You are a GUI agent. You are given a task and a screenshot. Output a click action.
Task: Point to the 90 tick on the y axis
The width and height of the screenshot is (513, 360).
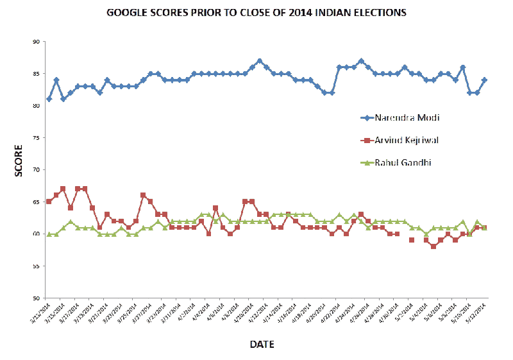[x=37, y=42]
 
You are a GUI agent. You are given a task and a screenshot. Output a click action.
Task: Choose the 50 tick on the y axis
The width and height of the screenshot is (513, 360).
[x=37, y=298]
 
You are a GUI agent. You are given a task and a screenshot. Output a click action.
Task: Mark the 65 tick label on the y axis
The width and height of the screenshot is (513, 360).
[x=37, y=202]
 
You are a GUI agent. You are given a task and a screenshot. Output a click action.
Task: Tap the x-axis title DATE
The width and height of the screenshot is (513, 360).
[x=262, y=345]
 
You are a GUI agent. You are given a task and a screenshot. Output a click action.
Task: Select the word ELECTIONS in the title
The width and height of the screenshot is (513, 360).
[x=381, y=13]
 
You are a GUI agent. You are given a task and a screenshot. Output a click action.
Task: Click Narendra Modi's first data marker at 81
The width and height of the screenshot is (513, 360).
[x=49, y=99]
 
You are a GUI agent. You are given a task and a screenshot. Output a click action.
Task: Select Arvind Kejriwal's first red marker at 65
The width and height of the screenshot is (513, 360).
[x=49, y=201]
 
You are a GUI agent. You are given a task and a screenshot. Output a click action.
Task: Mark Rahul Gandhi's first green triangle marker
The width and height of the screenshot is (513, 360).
[x=49, y=234]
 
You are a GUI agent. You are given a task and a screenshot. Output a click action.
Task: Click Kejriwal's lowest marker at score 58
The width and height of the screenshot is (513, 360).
[x=433, y=246]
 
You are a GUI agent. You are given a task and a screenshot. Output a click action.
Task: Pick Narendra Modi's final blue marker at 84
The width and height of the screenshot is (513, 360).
[x=484, y=80]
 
